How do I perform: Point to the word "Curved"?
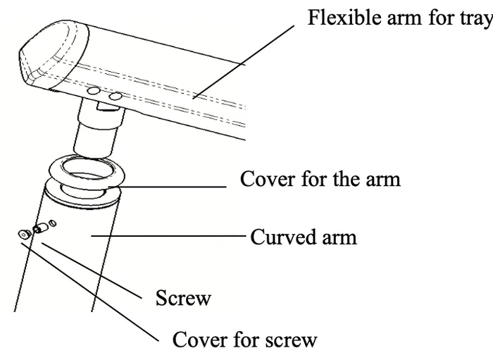pos(283,237)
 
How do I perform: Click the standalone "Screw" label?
pos(183,298)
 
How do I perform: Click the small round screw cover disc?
pos(23,235)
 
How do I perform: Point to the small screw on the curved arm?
pos(39,228)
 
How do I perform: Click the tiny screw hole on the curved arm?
pos(53,223)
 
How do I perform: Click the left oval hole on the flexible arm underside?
pos(94,91)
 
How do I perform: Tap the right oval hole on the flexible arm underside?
pos(116,96)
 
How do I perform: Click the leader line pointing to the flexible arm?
pos(244,62)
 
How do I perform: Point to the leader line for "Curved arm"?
pos(168,235)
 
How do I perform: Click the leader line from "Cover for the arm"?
pos(167,187)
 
